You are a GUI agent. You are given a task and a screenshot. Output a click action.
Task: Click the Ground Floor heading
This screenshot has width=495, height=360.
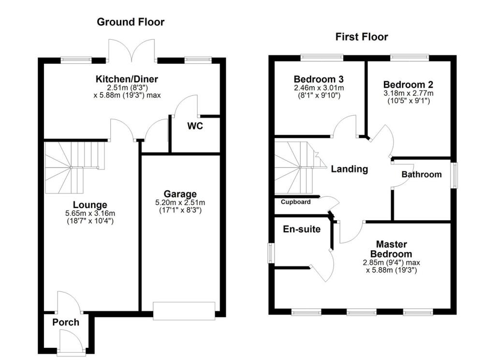tap(131, 22)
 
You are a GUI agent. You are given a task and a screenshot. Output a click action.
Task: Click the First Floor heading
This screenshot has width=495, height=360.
tap(362, 37)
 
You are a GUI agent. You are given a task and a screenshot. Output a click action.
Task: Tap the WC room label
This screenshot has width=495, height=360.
tap(195, 127)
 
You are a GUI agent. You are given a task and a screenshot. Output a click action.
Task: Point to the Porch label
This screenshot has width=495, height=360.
tap(66, 322)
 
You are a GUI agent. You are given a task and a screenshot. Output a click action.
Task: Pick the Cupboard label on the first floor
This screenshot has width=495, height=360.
tap(295, 202)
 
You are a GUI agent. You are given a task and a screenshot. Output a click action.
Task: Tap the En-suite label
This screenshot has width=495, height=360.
tap(302, 229)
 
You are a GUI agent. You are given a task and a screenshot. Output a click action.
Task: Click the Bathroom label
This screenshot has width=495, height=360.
tap(422, 174)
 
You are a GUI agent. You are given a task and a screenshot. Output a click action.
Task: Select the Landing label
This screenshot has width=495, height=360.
tap(349, 169)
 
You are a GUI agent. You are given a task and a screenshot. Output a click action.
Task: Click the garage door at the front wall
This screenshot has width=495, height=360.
tap(184, 310)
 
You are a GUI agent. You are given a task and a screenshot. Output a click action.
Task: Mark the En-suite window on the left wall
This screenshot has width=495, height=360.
tap(272, 252)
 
